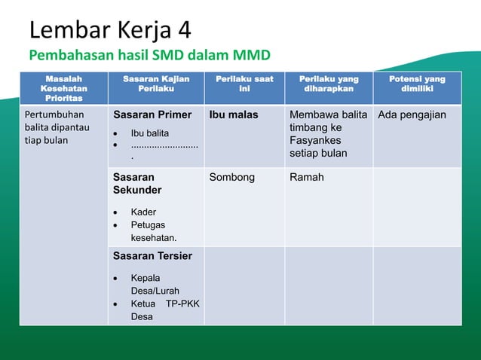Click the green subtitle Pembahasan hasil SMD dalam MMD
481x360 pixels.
(x=149, y=55)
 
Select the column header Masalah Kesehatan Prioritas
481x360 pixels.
(x=64, y=88)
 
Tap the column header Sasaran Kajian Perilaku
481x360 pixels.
(x=156, y=84)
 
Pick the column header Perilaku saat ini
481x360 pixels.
(x=244, y=84)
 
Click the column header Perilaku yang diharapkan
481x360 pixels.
(x=329, y=84)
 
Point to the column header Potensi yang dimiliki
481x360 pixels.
(x=417, y=84)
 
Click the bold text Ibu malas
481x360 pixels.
(x=233, y=115)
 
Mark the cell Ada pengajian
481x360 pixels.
(x=412, y=115)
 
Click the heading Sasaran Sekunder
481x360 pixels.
(x=140, y=184)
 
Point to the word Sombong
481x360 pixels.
(x=232, y=178)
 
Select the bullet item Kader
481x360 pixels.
(x=143, y=212)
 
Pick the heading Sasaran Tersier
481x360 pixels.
(x=152, y=256)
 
